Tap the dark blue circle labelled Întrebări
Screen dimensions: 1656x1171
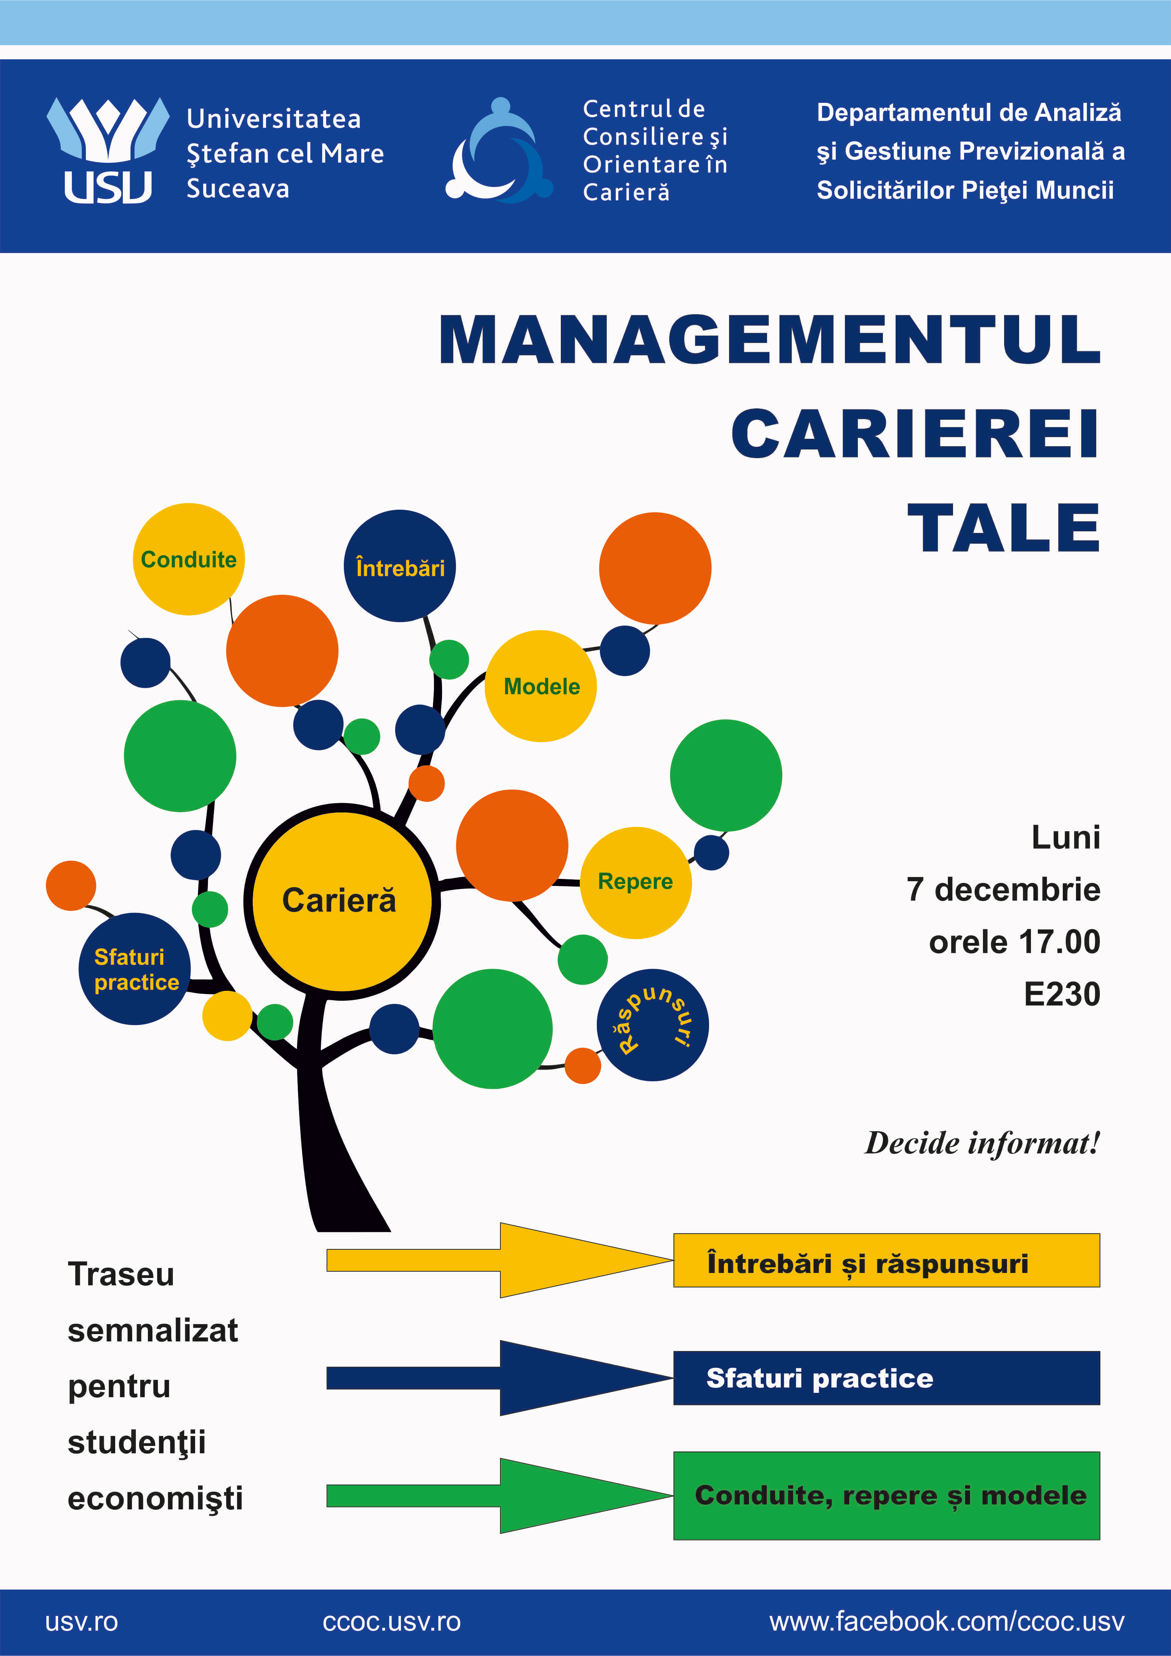click(x=400, y=567)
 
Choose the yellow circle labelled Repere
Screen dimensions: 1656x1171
click(x=635, y=882)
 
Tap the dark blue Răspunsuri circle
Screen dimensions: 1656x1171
click(x=653, y=1024)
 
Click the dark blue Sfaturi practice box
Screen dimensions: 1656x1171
click(x=886, y=1377)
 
